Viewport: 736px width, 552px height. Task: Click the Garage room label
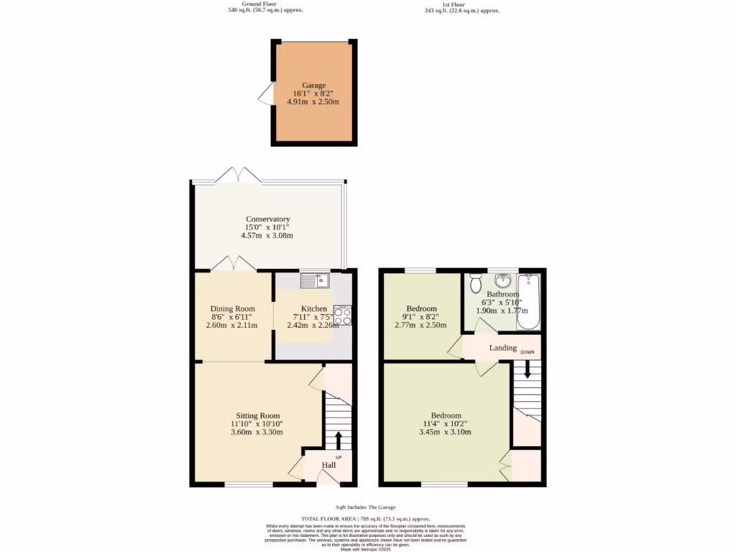(313, 85)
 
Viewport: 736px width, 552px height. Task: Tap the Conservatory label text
(267, 219)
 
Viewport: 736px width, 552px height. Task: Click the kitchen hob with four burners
(342, 316)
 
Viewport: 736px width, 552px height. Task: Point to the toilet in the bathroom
(475, 284)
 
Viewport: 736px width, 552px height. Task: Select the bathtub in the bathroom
(529, 301)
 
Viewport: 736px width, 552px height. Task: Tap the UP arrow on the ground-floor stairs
(339, 439)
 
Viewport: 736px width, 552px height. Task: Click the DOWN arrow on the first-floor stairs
(528, 369)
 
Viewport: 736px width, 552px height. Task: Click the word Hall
(328, 465)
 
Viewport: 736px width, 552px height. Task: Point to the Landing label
(503, 348)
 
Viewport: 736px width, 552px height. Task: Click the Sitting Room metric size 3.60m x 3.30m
(257, 432)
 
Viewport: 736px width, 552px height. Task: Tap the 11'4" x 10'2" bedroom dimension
(446, 423)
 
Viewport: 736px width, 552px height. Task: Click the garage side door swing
(267, 94)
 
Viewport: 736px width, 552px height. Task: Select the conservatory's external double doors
(238, 175)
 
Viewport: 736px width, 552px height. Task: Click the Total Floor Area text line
(366, 518)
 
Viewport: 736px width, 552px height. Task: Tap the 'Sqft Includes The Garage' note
(366, 507)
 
